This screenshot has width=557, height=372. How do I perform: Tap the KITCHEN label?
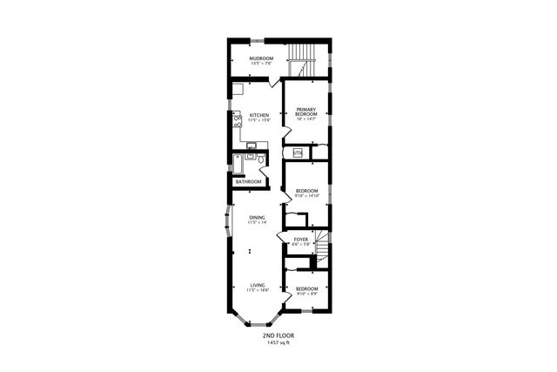(258, 115)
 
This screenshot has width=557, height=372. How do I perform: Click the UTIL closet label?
(298, 153)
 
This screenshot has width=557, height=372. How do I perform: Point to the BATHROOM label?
(249, 181)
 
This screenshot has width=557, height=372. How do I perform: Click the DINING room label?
(257, 218)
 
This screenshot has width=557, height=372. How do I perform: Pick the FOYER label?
(301, 239)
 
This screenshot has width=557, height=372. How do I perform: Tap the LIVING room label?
(258, 284)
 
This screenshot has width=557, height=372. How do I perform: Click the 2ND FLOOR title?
(278, 335)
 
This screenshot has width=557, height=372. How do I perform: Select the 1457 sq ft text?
(278, 342)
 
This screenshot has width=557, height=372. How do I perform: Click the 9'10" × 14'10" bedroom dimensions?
(306, 197)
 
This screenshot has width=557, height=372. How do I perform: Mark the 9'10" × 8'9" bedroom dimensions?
(306, 294)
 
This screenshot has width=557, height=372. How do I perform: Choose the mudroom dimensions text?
(261, 64)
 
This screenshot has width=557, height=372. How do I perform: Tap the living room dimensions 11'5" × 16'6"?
(258, 290)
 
